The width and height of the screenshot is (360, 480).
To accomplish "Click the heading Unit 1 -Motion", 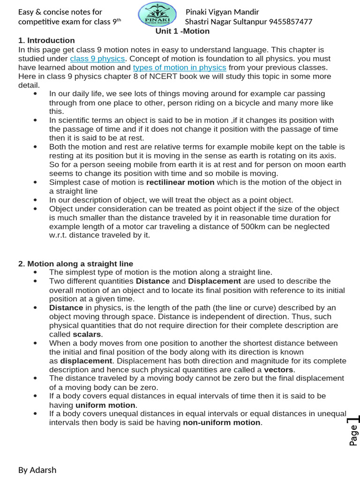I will point(182,31).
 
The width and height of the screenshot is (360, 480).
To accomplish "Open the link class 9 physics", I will point(97,59).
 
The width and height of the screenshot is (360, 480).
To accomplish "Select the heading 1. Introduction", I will point(46,40).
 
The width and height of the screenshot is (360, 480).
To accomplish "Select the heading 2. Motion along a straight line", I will point(75,263).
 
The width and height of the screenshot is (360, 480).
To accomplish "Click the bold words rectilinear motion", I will point(180,182).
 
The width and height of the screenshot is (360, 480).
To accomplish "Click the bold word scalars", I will point(87,334).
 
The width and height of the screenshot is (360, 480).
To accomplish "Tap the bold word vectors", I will point(278,369).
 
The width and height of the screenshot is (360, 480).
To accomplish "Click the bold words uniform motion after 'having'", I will point(105,405).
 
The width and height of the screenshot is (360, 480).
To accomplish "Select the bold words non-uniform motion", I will point(222,422).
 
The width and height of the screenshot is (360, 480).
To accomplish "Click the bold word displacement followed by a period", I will point(86,361).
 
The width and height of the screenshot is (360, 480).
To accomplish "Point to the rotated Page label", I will point(353,435).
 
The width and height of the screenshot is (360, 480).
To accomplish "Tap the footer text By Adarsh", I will point(37,470).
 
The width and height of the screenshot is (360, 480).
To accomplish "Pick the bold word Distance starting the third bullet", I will point(66,307).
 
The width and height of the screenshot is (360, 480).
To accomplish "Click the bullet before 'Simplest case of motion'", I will point(36,182).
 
